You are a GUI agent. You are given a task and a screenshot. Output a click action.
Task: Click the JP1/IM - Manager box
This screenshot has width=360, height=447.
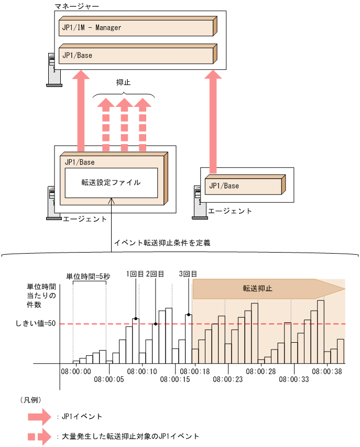click(136, 27)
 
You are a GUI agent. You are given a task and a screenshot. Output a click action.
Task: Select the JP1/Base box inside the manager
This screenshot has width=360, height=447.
click(136, 55)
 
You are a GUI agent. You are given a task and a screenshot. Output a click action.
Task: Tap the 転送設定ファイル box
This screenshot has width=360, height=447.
click(111, 183)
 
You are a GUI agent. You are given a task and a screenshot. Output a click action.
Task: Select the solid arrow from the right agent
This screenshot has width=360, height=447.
click(212, 121)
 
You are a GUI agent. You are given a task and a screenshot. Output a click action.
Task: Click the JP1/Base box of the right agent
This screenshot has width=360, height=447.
click(244, 186)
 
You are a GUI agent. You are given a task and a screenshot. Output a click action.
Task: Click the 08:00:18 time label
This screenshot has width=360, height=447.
click(194, 371)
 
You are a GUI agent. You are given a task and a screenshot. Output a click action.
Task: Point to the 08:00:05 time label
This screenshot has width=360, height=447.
click(109, 379)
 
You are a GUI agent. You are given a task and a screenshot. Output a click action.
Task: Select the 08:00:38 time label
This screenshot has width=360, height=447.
click(327, 371)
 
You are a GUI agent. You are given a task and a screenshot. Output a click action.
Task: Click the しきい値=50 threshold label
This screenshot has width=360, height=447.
click(36, 324)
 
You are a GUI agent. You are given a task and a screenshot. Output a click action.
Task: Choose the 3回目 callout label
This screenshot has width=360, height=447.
click(188, 274)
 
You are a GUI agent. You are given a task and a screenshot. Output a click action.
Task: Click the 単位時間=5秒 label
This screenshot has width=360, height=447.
click(88, 277)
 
